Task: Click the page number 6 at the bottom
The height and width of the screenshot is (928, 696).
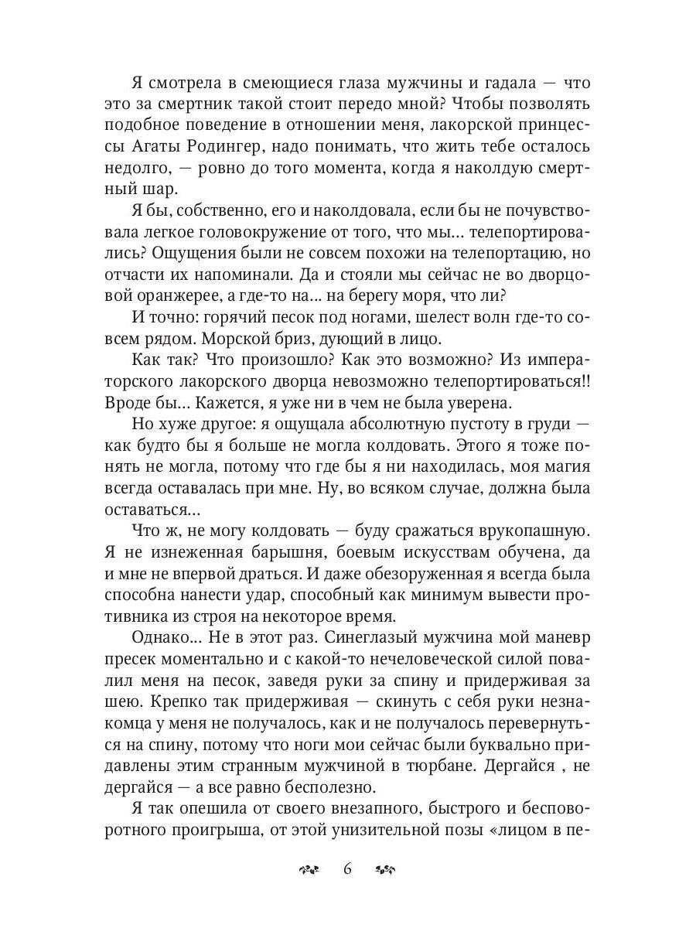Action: click(x=347, y=868)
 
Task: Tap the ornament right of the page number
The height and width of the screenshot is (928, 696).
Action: click(x=385, y=869)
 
